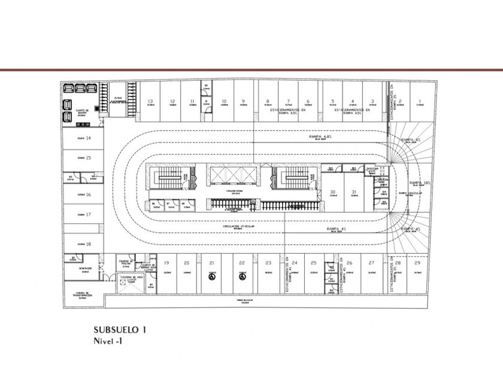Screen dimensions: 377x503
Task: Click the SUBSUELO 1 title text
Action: tap(120, 330)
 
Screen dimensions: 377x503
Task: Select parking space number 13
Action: tap(151, 102)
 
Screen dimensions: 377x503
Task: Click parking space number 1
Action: tap(420, 102)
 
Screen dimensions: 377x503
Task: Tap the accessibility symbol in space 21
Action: tap(211, 276)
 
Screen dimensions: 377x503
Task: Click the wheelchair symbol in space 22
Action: tap(242, 276)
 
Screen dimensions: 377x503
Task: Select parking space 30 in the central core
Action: tap(333, 192)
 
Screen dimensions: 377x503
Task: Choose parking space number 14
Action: tap(88, 138)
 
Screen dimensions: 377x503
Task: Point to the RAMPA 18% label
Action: tap(420, 183)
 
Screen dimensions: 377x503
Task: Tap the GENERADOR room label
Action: tap(84, 269)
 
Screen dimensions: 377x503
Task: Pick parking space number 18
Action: tap(88, 244)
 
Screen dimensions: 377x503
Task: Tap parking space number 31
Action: tap(354, 192)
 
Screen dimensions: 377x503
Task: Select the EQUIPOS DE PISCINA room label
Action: tap(125, 263)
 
